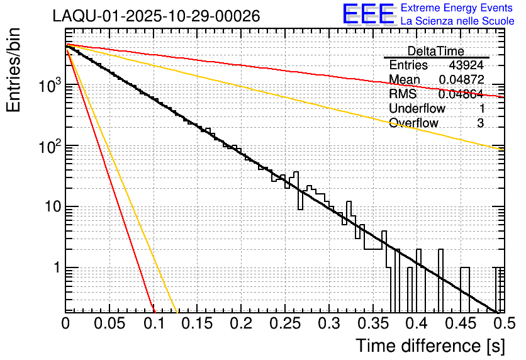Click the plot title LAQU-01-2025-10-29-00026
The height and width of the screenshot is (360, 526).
[x=156, y=16]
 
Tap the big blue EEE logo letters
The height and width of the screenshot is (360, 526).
[x=368, y=15]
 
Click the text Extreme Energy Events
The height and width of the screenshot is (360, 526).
[x=457, y=8]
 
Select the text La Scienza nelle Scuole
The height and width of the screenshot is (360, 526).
[x=457, y=21]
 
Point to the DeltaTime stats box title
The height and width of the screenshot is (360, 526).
[x=436, y=51]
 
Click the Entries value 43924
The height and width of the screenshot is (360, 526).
[x=466, y=65]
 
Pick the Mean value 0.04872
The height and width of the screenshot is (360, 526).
[x=461, y=80]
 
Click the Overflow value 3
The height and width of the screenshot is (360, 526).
[x=480, y=123]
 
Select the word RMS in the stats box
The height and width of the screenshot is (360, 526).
[x=403, y=94]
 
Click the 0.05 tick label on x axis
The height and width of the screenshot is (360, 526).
[x=109, y=323]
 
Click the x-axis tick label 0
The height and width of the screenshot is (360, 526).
[x=65, y=323]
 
